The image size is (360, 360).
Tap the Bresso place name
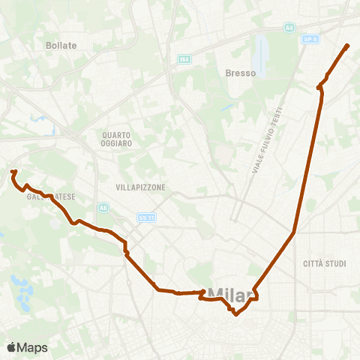click(241, 73)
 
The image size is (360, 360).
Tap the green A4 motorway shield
click(289, 28)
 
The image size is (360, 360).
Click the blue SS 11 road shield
click(145, 217)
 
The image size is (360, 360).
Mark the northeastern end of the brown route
click(348, 46)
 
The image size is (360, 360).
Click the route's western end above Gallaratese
click(13, 172)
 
